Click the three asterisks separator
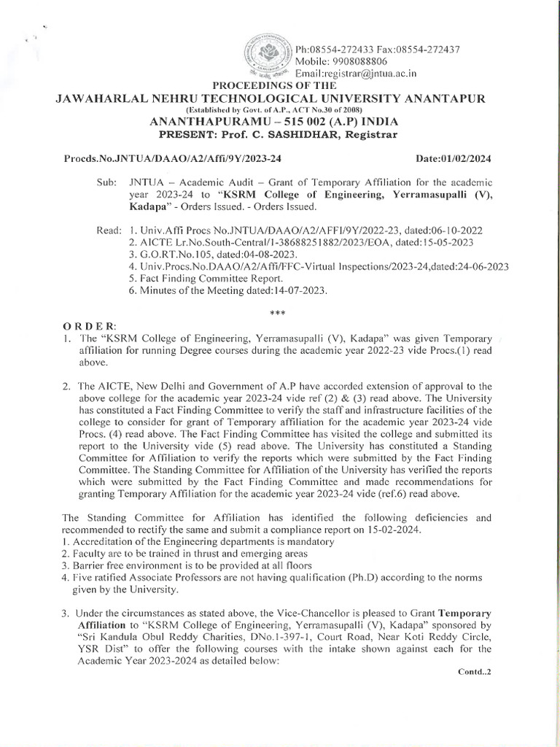point(276,311)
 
